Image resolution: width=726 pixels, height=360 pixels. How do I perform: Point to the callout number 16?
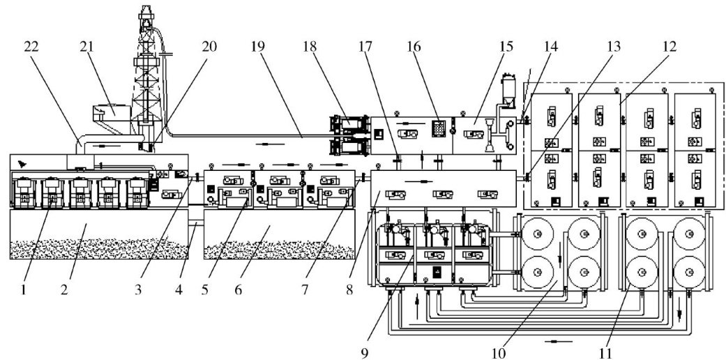414,47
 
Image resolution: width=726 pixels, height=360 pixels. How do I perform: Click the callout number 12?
669,47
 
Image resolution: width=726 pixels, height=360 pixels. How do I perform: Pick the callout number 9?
365,353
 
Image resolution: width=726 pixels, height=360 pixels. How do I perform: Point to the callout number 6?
238,290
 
